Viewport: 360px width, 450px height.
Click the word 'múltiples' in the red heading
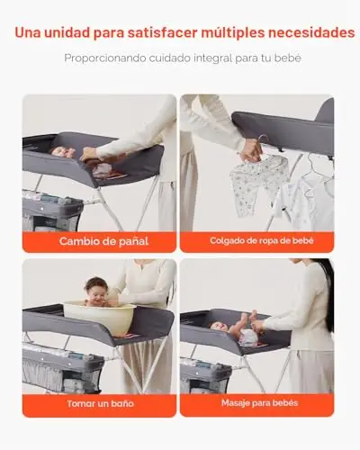(233, 32)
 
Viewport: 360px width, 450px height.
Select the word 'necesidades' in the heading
(311, 32)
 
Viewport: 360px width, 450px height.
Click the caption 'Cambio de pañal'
(103, 241)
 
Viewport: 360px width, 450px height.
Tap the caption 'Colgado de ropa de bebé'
(262, 240)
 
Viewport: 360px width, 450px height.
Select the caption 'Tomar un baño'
(101, 403)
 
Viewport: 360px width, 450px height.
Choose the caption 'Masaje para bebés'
(260, 403)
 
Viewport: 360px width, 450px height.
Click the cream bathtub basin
(100, 318)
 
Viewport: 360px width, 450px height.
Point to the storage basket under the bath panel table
(60, 370)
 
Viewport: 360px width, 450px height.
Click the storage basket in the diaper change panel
(51, 211)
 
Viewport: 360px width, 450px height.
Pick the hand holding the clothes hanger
(251, 152)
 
